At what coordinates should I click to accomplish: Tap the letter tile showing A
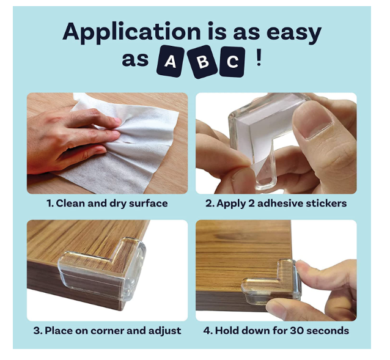coord(171,61)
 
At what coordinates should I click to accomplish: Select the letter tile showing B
coord(203,62)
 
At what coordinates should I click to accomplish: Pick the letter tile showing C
coord(232,62)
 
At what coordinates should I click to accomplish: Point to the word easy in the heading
coord(294,34)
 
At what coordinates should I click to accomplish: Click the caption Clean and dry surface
coord(107,204)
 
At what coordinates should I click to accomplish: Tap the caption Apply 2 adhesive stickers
coord(276,204)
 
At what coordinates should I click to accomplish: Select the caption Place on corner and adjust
coord(107,331)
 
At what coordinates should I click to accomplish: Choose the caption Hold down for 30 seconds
coord(276,331)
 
